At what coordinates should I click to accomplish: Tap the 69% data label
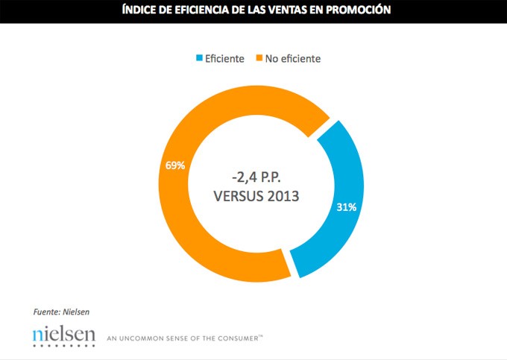point(175,165)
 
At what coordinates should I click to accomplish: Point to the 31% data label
point(345,206)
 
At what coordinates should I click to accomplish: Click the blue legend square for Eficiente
point(199,58)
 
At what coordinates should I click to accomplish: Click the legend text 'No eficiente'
point(294,58)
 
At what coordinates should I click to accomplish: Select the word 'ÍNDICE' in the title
point(142,10)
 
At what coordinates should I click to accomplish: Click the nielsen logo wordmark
point(64,335)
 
